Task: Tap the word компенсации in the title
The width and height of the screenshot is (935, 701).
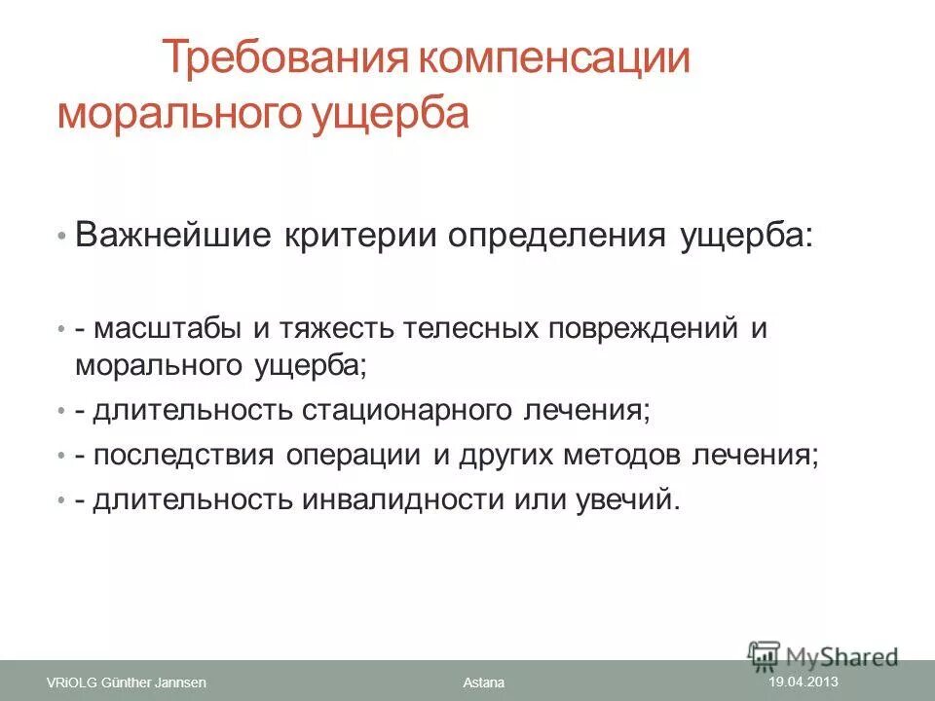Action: pos(554,61)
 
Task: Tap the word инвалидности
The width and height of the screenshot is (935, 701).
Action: pos(406,499)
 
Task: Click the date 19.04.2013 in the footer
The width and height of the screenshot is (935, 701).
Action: pos(804,682)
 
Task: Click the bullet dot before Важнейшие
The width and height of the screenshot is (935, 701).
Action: pos(61,238)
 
